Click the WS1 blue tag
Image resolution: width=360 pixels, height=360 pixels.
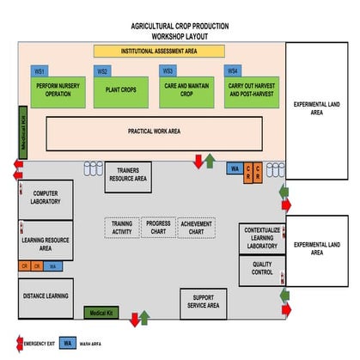39,70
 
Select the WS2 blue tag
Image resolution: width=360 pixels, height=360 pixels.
102,70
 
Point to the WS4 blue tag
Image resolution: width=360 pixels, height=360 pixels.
232,70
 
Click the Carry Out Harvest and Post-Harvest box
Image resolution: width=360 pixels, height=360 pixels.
250,90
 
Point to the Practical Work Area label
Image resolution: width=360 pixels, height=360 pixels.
154,131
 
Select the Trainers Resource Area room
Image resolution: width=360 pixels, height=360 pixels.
129,177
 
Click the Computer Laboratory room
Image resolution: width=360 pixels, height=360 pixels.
46,198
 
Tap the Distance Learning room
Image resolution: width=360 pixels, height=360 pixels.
46,295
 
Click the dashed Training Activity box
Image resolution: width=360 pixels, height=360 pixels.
122,227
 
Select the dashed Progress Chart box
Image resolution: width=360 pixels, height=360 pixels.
158,227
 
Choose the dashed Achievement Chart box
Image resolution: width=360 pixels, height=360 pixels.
196,228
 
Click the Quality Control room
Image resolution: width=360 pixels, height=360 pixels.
262,269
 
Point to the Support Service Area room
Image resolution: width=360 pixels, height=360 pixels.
203,302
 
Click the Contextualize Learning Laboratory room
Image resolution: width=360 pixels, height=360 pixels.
262,238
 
